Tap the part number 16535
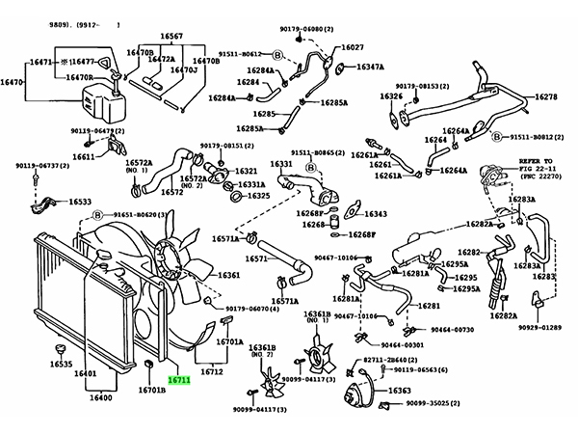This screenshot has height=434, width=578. (61, 365)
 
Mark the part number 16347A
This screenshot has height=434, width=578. (370, 68)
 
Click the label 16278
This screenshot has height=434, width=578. (546, 98)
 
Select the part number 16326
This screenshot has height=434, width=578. (390, 96)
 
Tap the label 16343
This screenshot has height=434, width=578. (375, 214)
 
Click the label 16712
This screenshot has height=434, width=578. (212, 371)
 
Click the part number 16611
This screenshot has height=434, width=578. (84, 156)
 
